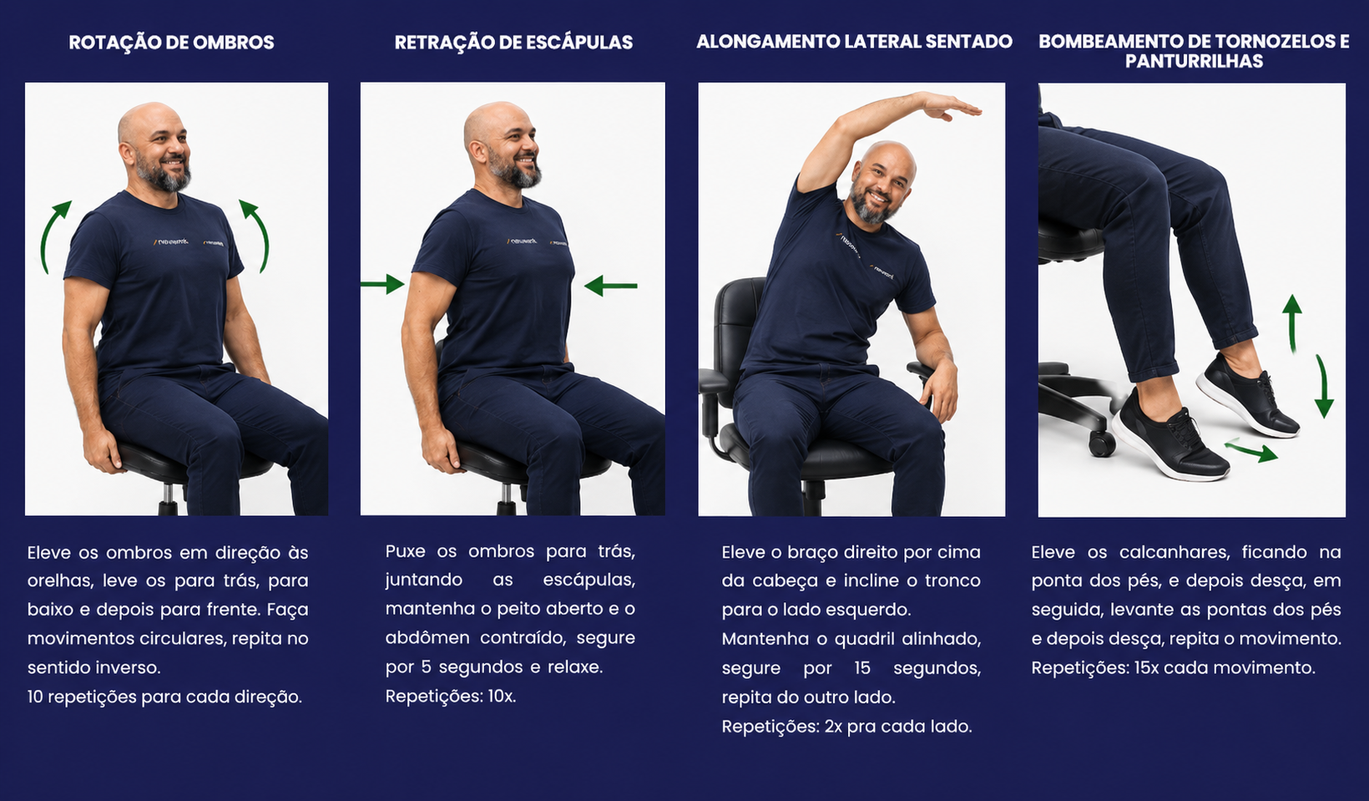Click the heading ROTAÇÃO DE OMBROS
(171, 43)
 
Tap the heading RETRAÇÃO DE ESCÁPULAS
(513, 43)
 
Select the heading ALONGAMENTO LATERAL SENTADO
(855, 42)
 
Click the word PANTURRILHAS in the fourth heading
(1194, 61)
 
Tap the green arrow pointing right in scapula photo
(382, 284)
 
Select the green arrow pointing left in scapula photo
(610, 286)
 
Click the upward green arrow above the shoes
(1291, 324)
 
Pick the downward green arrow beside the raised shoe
(1323, 387)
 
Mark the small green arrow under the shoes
(1251, 450)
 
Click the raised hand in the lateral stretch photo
(950, 107)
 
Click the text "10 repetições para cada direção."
(164, 697)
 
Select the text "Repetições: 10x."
(451, 696)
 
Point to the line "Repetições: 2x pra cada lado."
(846, 727)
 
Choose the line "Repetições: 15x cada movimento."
(1173, 667)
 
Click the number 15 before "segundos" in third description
(862, 667)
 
